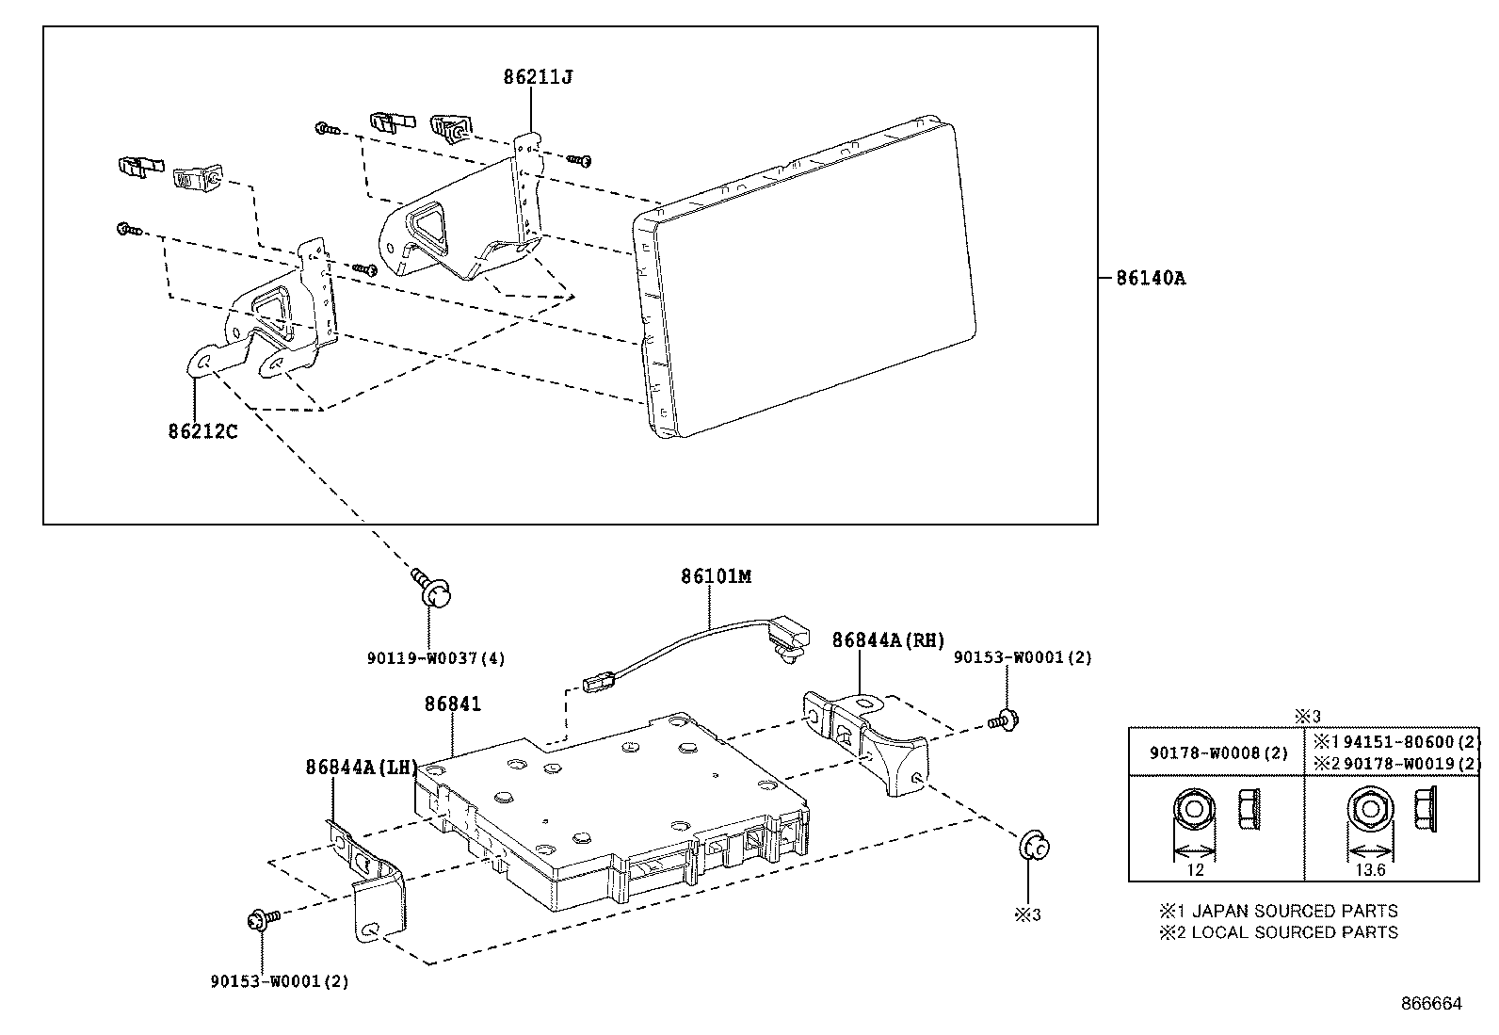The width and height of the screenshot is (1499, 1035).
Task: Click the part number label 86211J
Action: coord(538,77)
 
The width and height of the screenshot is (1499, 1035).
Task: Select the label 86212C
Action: coord(202,432)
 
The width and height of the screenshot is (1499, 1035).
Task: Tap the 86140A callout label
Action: coord(1151,278)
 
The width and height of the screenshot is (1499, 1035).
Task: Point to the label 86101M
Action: coord(716,576)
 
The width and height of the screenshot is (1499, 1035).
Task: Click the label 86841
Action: coord(453,704)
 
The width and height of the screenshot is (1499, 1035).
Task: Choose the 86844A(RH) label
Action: coord(888,640)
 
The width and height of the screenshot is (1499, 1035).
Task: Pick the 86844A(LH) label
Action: coord(362,768)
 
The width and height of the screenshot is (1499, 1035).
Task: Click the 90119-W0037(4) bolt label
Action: coord(436,658)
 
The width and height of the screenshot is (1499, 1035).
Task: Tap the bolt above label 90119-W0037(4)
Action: coord(431,588)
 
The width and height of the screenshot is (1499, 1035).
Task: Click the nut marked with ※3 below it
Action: coord(1034,847)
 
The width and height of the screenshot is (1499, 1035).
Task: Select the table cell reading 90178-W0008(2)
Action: coord(1218,753)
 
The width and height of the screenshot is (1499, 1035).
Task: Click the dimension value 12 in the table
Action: coord(1195,870)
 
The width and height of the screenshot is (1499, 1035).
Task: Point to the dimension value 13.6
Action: coord(1370,870)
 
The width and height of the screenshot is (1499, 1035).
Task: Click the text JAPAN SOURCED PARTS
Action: coord(1295,911)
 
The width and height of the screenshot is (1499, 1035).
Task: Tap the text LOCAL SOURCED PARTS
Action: coord(1295,932)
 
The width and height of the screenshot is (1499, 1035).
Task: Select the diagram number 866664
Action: coord(1431,1004)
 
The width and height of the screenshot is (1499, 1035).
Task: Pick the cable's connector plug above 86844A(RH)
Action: coord(790,640)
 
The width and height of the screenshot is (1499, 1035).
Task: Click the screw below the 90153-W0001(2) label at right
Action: coord(1004,720)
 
